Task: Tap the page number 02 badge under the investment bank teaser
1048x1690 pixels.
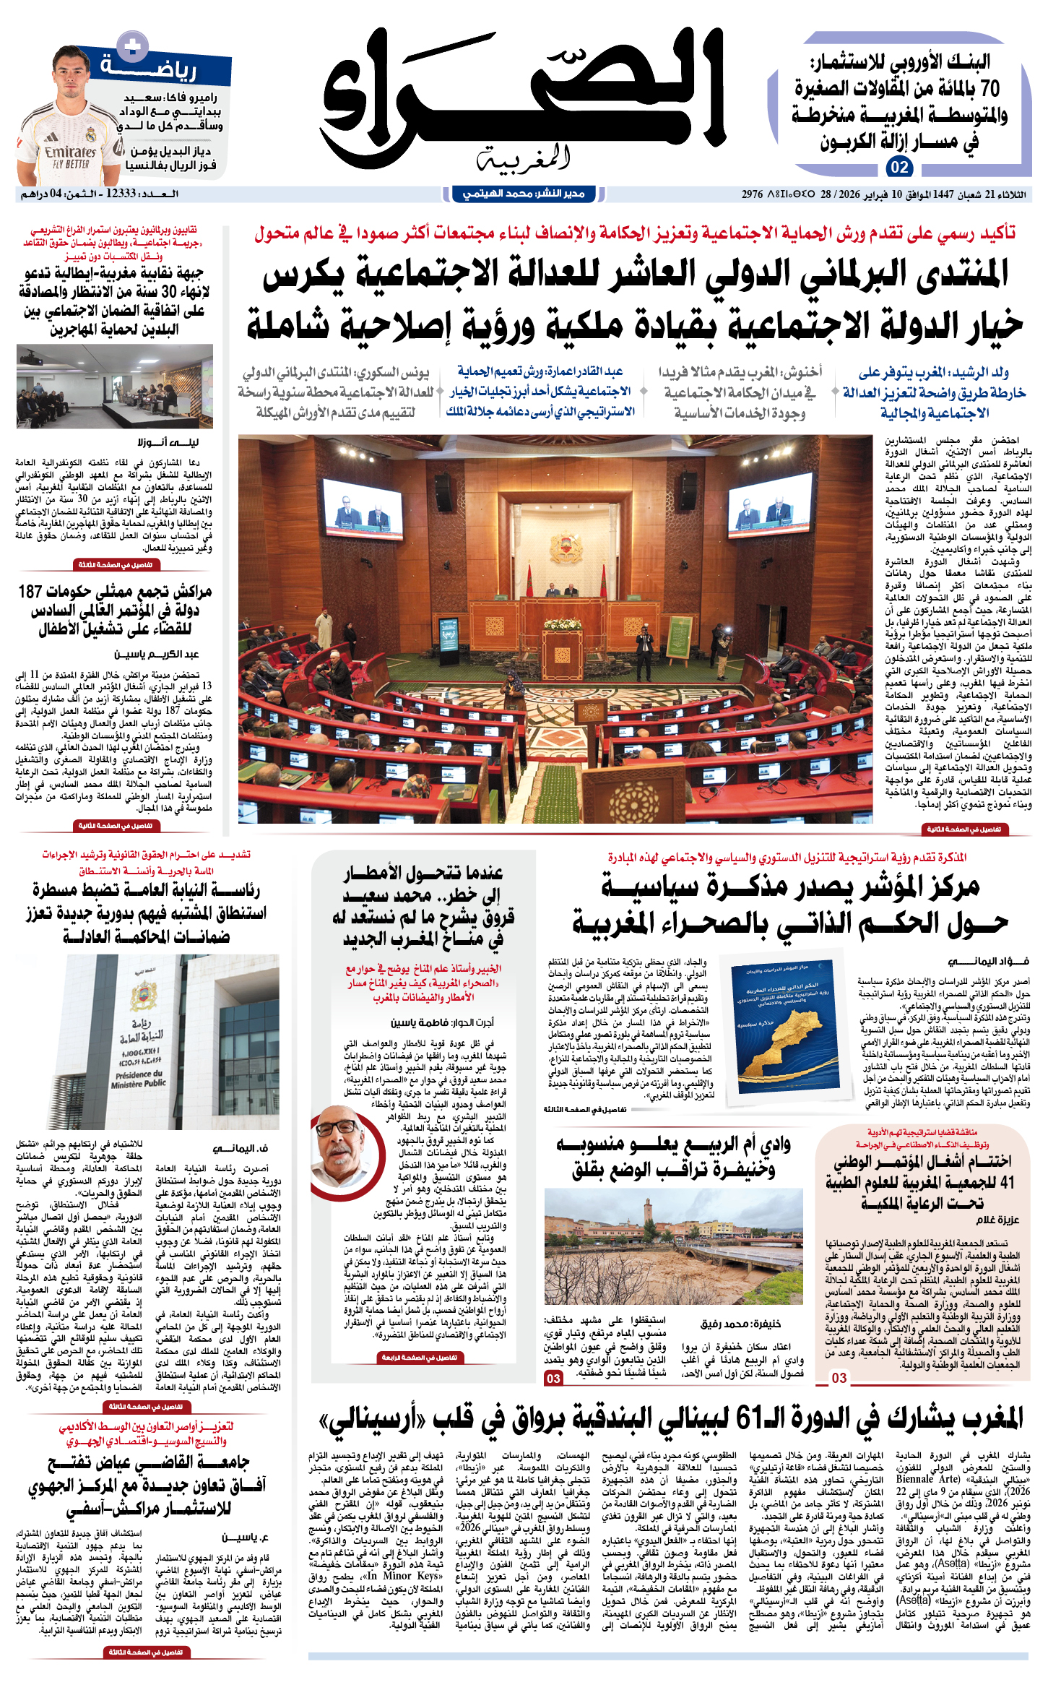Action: (x=899, y=168)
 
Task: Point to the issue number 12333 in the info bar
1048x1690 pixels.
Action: (x=121, y=194)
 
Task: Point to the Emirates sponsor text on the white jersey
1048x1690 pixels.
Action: (x=70, y=152)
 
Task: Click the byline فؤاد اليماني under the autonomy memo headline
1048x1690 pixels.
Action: (x=988, y=961)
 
